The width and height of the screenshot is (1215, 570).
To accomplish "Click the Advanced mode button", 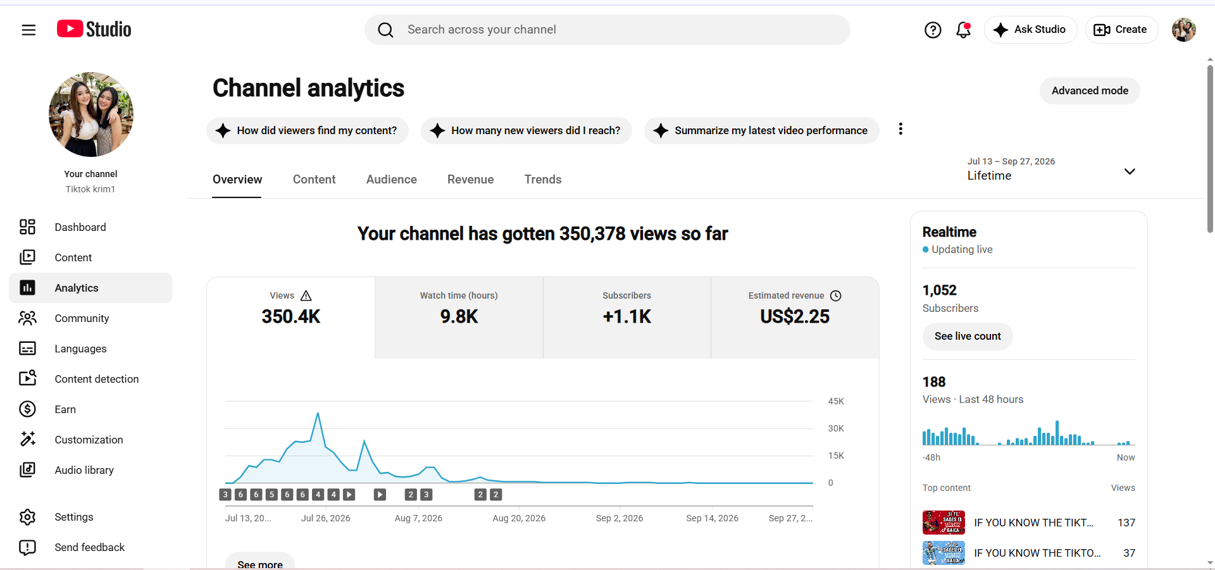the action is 1090,90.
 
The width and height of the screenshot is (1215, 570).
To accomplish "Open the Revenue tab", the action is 470,180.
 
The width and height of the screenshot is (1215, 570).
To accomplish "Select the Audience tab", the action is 391,180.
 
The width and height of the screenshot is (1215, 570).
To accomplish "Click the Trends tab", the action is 543,180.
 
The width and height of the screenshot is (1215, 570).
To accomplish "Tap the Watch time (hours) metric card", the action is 459,318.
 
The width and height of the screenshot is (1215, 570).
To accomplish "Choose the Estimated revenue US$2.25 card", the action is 795,318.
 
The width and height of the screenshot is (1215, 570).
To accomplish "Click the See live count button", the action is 968,336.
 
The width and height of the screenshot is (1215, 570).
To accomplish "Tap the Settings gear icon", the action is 27,517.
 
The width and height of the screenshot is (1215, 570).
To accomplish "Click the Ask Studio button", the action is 1030,30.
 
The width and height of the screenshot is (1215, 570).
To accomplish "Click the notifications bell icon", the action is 963,30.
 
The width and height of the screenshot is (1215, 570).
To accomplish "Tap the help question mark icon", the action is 933,30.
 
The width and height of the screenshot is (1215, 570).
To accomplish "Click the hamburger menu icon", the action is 28,30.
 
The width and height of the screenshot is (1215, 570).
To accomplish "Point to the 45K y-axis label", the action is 836,401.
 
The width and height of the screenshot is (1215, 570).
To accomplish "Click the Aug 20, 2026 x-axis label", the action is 519,518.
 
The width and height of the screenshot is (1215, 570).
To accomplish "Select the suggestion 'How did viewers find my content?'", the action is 308,130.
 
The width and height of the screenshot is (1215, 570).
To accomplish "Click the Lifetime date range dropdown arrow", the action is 1130,171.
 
